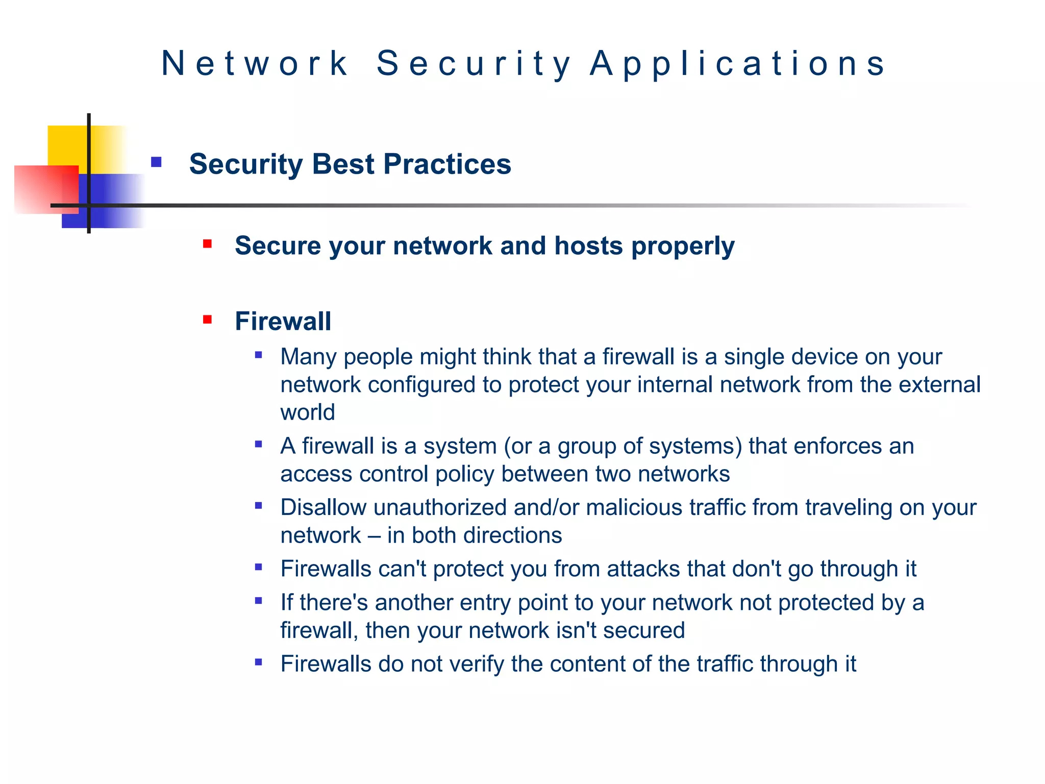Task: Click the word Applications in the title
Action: pos(738,64)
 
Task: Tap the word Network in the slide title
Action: pos(255,64)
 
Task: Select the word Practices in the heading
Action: pos(447,164)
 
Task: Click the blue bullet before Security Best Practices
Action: pos(156,162)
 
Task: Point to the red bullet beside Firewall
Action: pos(207,320)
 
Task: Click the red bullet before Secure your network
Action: pos(207,244)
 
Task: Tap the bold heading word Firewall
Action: pos(283,322)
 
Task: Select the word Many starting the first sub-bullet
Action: pos(308,357)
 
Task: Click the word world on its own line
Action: pos(307,412)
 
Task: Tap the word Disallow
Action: pos(323,508)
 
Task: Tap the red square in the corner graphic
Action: pos(38,189)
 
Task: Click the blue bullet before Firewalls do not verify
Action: pos(259,662)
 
